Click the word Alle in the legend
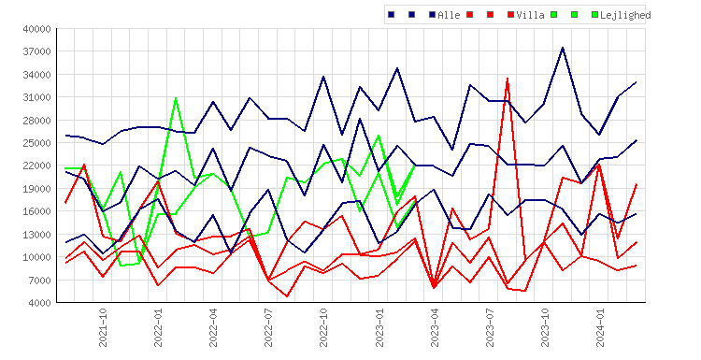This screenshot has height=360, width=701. coord(449,15)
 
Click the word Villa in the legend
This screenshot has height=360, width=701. coord(530,15)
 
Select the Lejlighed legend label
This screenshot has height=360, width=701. coord(625,15)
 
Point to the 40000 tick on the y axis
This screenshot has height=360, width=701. coord(37,29)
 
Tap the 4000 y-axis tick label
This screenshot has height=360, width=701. coord(40,303)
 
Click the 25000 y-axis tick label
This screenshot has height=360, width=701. coord(37,143)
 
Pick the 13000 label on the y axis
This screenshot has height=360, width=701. coord(37,235)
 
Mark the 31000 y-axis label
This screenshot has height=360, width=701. coord(37,97)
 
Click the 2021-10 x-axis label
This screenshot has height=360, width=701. coord(103,327)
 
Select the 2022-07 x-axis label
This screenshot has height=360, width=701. coord(268,327)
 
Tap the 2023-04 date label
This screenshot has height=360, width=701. coord(434,327)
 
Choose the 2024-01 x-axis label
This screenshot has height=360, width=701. coord(600,327)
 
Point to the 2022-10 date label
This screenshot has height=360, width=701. coord(323,327)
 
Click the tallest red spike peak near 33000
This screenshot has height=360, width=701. coord(508,79)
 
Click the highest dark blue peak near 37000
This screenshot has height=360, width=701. coord(563,48)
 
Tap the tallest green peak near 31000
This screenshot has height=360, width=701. coord(176,97)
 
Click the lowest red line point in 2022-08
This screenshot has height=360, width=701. coord(287,296)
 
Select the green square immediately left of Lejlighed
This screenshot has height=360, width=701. coord(595,15)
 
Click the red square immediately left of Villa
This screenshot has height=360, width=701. coord(511,15)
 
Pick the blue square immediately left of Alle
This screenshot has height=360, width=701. coord(433,15)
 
